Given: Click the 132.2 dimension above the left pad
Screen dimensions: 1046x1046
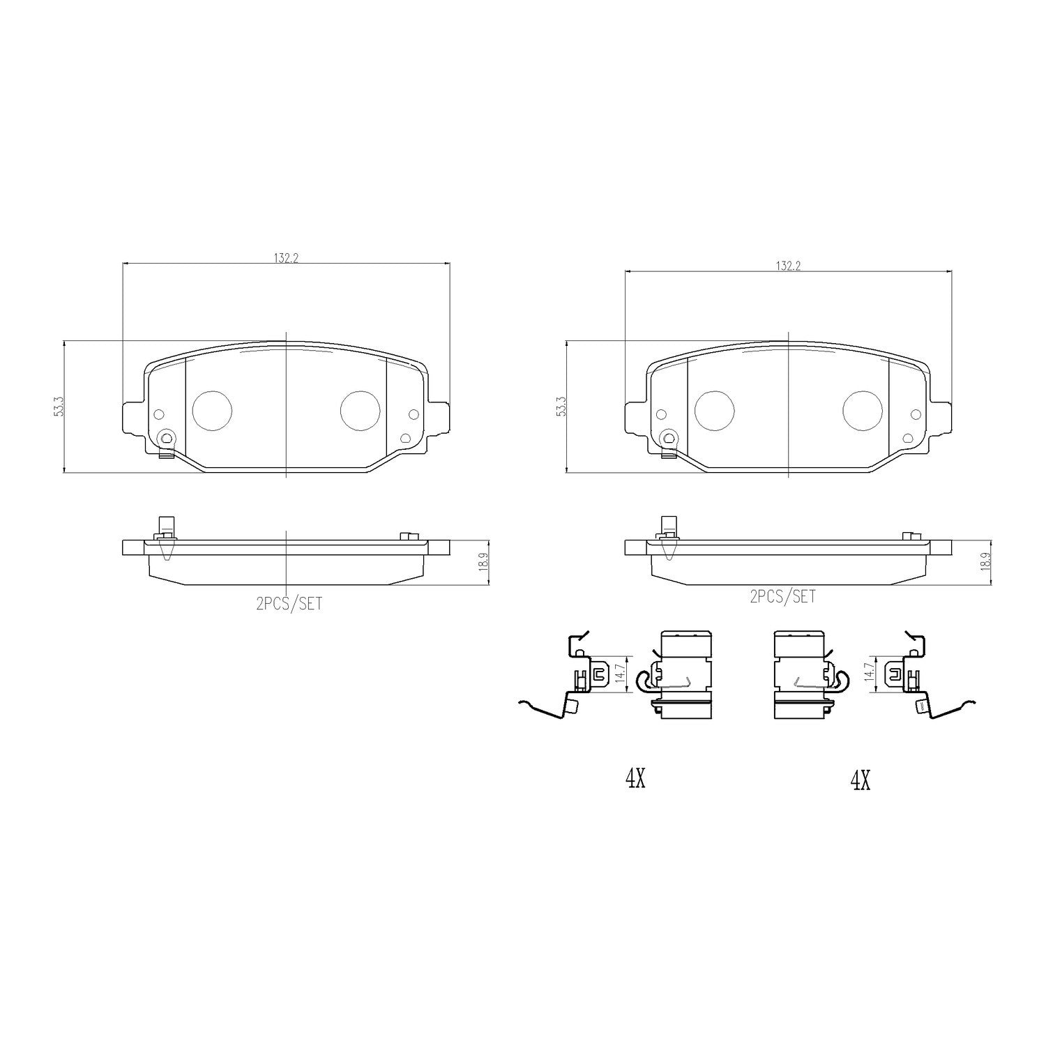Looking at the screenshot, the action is pyautogui.click(x=286, y=258).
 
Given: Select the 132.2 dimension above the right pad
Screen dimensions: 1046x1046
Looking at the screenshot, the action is pyautogui.click(x=789, y=266).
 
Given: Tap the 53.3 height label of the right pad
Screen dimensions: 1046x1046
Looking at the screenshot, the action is pyautogui.click(x=561, y=407).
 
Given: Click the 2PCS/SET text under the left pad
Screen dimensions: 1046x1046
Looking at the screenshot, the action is pyautogui.click(x=289, y=604).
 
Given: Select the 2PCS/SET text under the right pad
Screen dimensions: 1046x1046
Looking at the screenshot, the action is pyautogui.click(x=782, y=597).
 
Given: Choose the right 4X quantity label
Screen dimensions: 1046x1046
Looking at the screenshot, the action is pyautogui.click(x=861, y=781).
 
